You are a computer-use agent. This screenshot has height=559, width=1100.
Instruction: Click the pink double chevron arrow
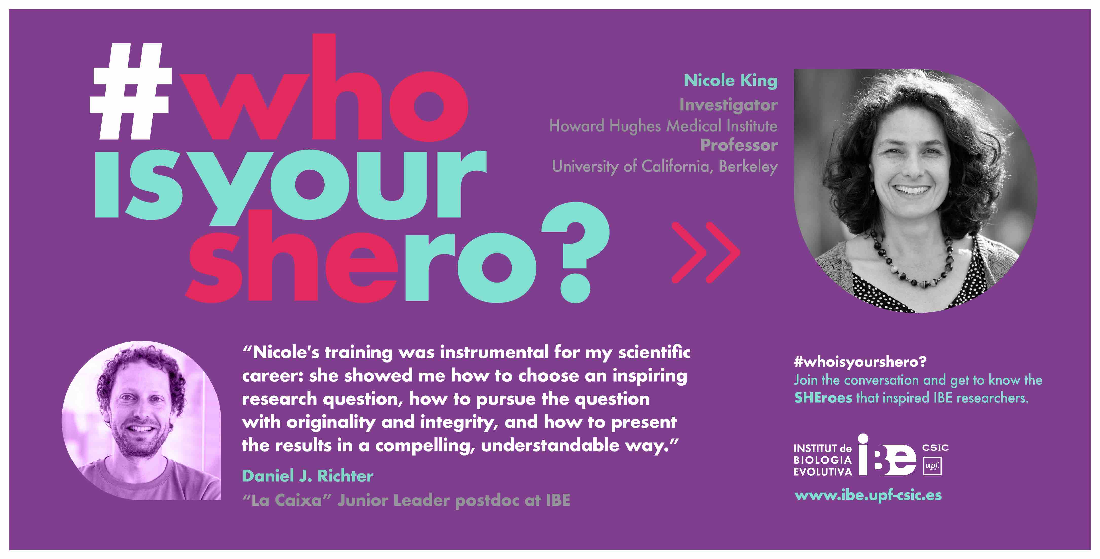point(706,253)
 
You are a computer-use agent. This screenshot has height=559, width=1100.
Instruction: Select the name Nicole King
point(731,81)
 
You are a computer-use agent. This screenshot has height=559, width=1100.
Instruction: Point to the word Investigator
point(729,105)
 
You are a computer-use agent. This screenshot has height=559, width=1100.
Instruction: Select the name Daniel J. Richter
point(308,476)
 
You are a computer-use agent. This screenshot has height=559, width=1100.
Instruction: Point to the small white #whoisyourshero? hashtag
point(860,362)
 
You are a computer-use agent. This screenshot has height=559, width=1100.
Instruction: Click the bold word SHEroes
point(823,398)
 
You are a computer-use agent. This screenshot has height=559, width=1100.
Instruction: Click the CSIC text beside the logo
point(935,447)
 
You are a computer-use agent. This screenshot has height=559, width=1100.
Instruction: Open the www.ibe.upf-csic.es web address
point(868,495)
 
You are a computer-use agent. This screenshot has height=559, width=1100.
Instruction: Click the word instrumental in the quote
point(494,352)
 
